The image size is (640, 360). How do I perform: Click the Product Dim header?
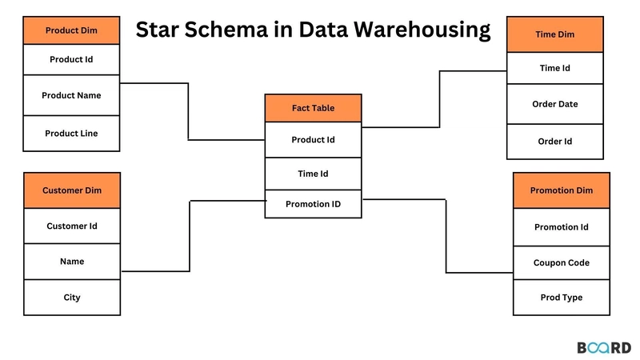click(x=72, y=30)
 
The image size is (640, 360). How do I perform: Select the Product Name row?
click(x=72, y=95)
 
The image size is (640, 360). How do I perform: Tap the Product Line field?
click(x=72, y=134)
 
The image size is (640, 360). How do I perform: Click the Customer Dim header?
click(x=72, y=190)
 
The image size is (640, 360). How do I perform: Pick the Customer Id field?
click(x=72, y=226)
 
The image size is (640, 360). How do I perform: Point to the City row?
click(x=72, y=298)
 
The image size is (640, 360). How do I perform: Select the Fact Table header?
click(x=313, y=108)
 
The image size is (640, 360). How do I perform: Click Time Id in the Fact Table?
click(x=313, y=174)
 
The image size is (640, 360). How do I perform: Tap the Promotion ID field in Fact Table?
click(x=313, y=204)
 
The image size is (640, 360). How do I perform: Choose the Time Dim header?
click(x=555, y=35)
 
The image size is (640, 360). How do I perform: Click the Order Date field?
click(x=555, y=104)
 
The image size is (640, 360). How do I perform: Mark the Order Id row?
click(x=555, y=142)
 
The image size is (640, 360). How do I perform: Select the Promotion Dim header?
click(x=561, y=190)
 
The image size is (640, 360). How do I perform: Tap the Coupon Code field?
click(x=561, y=262)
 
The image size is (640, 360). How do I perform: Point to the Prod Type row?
click(x=561, y=298)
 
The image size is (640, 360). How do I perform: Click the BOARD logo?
click(x=604, y=347)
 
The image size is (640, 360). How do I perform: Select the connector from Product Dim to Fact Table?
click(x=189, y=112)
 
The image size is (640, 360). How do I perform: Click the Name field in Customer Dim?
click(x=72, y=262)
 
